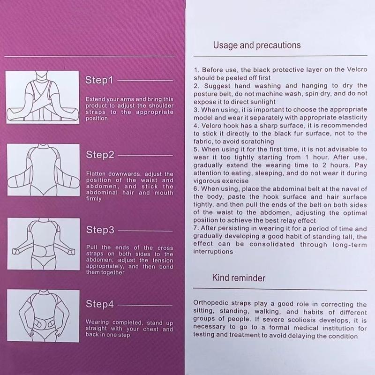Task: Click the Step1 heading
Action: (x=100, y=80)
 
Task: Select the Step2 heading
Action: (x=100, y=155)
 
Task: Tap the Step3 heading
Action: (x=100, y=230)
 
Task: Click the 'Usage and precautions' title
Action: (x=257, y=45)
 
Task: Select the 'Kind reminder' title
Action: (x=239, y=278)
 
